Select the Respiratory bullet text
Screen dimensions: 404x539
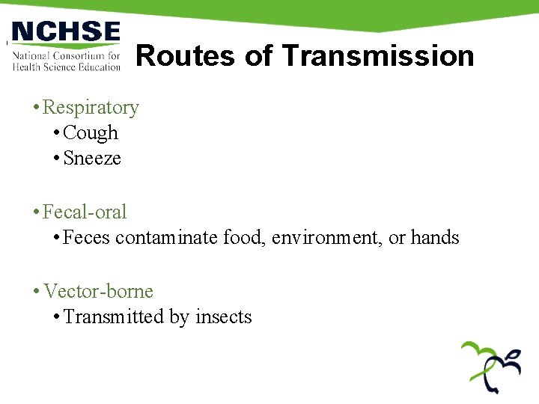91,108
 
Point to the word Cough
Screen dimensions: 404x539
91,133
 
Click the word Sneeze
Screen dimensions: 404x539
92,159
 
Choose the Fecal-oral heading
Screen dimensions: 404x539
85,212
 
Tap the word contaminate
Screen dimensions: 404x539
167,238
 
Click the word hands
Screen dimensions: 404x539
435,238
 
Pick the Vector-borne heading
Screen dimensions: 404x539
97,292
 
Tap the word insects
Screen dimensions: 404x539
223,317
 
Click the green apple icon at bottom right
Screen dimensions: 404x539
491,367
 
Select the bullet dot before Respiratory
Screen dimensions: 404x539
36,108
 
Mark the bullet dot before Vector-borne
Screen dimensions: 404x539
36,292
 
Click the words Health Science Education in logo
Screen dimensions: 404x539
66,67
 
